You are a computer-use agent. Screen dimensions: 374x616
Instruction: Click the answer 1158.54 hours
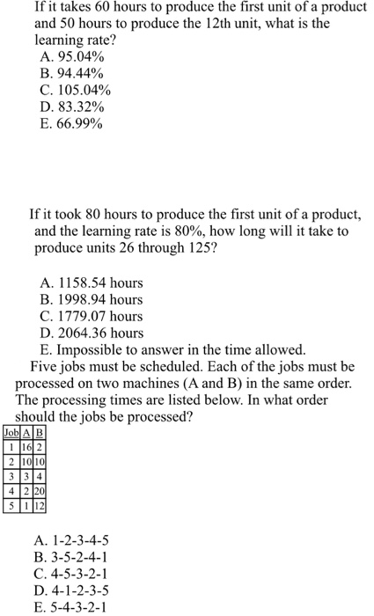click(92, 283)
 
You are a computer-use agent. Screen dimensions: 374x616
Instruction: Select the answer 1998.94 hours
click(92, 299)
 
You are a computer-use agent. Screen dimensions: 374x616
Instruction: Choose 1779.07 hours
click(92, 316)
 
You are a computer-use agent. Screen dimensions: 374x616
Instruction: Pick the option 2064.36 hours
click(92, 332)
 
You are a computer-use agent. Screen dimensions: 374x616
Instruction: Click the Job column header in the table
click(11, 432)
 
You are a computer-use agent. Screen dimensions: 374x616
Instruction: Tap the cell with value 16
click(27, 447)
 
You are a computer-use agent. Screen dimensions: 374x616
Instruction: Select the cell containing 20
click(40, 491)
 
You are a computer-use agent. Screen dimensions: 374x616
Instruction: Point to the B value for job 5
click(40, 506)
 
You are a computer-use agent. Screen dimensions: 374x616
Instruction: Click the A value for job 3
click(27, 476)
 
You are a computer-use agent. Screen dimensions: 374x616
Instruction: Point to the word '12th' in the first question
click(220, 25)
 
